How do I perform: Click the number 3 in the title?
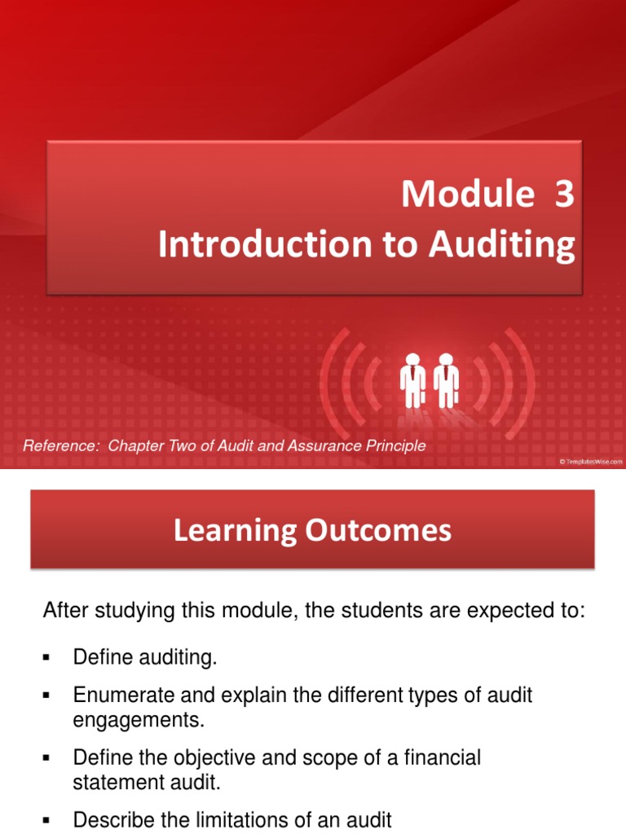click(565, 195)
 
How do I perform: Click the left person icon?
click(412, 380)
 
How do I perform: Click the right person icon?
click(446, 380)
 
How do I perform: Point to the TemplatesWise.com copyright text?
click(590, 462)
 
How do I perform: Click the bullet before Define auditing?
click(46, 657)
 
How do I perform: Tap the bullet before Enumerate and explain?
click(46, 696)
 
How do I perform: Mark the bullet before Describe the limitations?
click(46, 819)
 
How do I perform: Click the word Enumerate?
click(115, 696)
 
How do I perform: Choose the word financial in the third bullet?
click(447, 758)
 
